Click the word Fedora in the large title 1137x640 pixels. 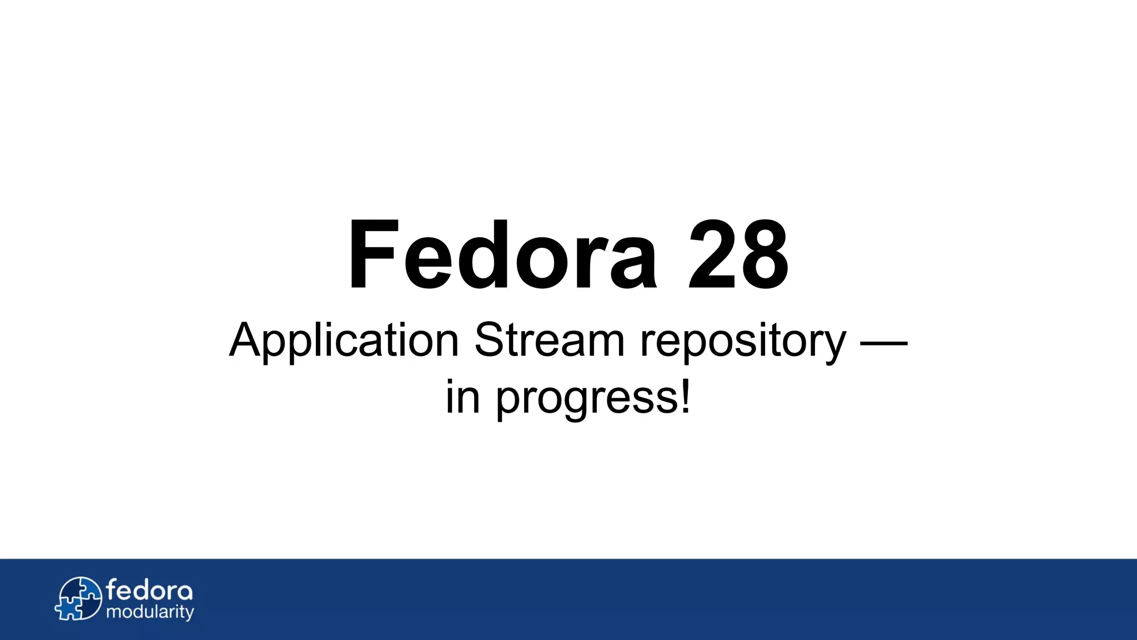point(502,255)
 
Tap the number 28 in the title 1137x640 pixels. point(738,255)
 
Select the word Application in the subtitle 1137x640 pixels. point(344,341)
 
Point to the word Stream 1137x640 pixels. point(550,339)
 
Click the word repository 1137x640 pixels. point(743,342)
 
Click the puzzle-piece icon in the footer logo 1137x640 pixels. point(79,598)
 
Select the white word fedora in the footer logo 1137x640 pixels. point(149,589)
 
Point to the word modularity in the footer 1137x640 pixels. point(150,612)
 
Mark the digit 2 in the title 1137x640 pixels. point(711,255)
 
